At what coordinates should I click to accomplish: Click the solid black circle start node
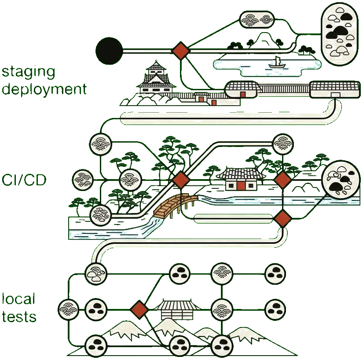109,51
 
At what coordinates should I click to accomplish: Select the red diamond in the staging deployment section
180,51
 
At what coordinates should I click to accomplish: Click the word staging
29,73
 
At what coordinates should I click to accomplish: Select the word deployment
43,89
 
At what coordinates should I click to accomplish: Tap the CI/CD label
24,180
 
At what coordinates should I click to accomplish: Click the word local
18,300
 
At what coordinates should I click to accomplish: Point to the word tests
18,317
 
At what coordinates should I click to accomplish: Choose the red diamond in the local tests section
139,309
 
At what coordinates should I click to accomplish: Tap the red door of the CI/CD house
241,185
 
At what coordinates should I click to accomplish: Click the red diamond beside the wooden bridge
180,180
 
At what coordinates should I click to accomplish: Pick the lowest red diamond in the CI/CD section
282,218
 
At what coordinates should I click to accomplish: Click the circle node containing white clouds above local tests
95,274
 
